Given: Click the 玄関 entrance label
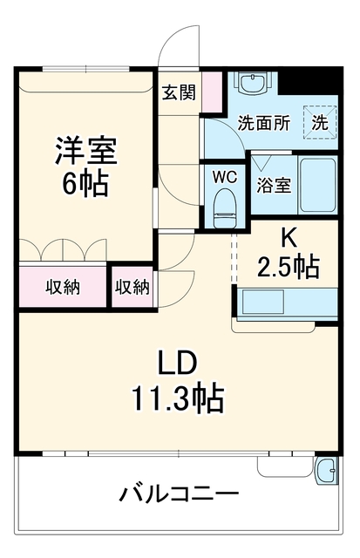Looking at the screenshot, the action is (x=180, y=93).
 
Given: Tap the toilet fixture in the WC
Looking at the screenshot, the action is (x=226, y=208).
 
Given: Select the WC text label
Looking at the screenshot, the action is (x=225, y=177).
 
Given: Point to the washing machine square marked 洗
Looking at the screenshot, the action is (x=320, y=122).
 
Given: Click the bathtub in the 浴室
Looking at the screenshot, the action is (x=317, y=185).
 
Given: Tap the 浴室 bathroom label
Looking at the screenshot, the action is (x=274, y=185).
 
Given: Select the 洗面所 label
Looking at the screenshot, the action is (x=264, y=123).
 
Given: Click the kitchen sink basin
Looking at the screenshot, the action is (x=263, y=302).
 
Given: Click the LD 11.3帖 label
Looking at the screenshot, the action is (x=178, y=381).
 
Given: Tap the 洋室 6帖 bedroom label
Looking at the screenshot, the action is (x=85, y=167).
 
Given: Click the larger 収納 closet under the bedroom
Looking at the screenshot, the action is (x=63, y=286).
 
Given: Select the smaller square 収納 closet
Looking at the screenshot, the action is (x=132, y=287).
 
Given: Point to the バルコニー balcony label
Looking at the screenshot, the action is (x=179, y=494).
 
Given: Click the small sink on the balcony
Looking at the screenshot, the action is (x=325, y=470).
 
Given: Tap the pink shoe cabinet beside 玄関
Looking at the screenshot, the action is (x=212, y=92).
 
